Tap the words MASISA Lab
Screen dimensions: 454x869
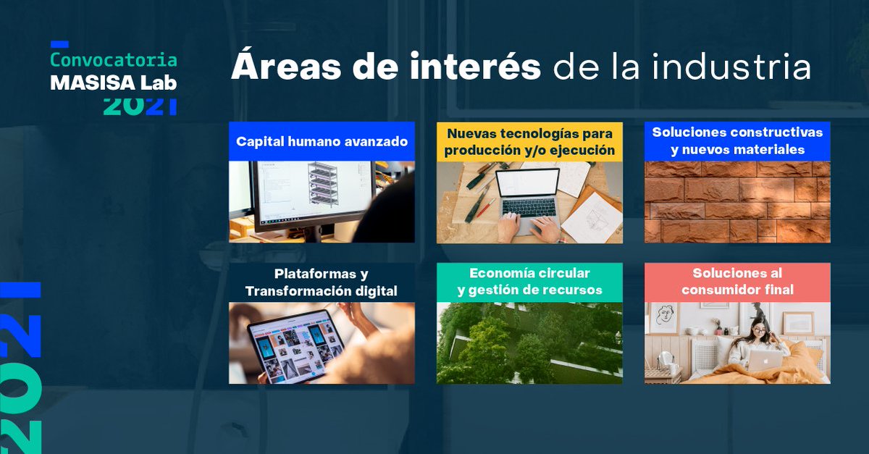[x=113, y=83]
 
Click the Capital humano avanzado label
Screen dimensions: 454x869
[x=322, y=141]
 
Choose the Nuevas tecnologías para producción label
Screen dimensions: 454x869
[x=529, y=142]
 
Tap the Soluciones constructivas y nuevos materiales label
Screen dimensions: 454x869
[x=737, y=141]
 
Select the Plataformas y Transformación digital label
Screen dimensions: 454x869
[x=322, y=282]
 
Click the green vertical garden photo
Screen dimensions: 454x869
[x=529, y=343]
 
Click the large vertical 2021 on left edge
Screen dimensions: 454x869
[x=22, y=366]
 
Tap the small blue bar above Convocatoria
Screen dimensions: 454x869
[x=59, y=44]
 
